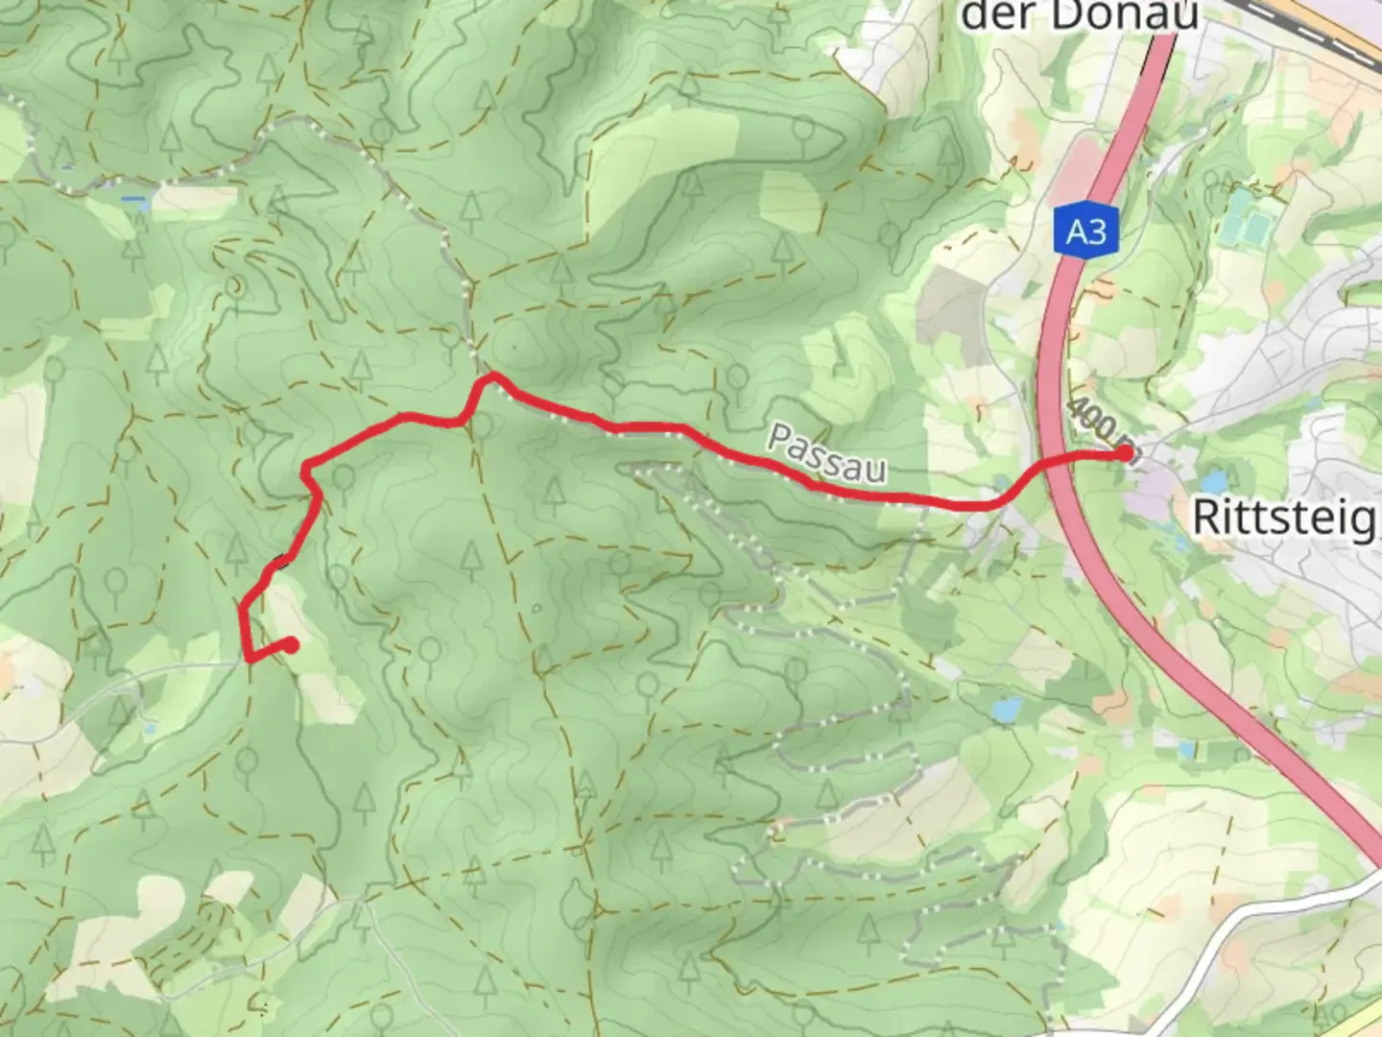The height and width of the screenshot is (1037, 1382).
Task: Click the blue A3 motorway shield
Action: point(1086,231)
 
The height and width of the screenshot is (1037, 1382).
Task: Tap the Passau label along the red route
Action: point(826,454)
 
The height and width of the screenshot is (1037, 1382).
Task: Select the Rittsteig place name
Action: point(1284,518)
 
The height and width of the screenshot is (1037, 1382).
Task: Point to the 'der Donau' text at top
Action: point(1080,15)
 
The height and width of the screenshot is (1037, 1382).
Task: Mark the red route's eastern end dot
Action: point(1124,453)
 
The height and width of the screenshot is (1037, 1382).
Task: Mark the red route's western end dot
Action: point(289,645)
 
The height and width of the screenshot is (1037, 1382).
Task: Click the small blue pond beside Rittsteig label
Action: point(1214,481)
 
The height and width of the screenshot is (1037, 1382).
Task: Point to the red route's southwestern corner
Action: point(249,659)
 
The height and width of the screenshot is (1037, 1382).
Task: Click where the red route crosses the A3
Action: point(1053,463)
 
